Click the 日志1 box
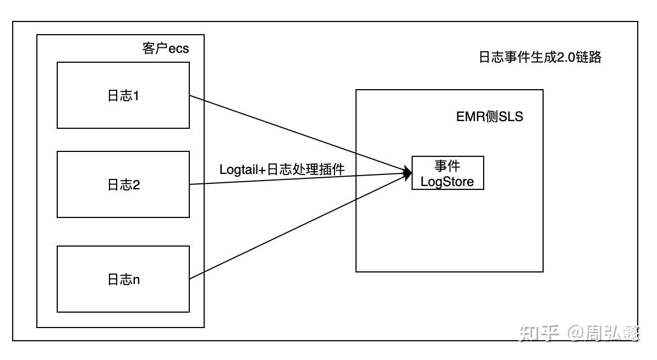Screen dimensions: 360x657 pos(123,95)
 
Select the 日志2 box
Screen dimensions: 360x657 pos(123,184)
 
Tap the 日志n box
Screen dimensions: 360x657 pos(123,279)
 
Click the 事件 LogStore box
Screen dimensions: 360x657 pos(447,173)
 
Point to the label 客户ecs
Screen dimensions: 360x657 pos(165,48)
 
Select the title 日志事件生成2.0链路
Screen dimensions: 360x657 pos(540,57)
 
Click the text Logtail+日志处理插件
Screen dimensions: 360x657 pos(282,169)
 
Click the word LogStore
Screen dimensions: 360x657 pos(447,182)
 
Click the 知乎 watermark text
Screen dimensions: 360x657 pos(539,333)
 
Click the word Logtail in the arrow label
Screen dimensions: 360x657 pos(239,169)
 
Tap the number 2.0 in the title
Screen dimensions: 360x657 pos(566,57)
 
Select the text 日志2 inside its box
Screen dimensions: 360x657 pos(123,185)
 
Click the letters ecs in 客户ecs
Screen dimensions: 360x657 pos(178,48)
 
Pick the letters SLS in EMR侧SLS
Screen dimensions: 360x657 pos(511,117)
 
